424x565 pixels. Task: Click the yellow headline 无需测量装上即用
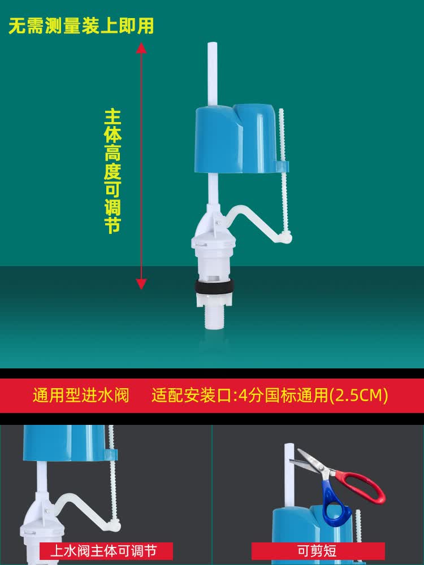tap(81, 25)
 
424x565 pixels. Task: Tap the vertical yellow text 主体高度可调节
tap(113, 171)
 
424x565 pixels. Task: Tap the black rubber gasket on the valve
tap(214, 287)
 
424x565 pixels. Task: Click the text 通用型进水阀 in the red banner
tap(81, 395)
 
